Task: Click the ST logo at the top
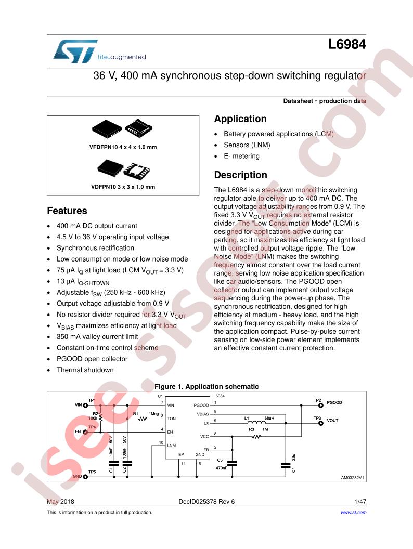coord(75,51)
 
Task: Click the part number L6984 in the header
coord(347,45)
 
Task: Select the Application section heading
coord(240,119)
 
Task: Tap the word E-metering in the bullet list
coord(242,156)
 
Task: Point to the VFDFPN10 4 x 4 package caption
coord(123,147)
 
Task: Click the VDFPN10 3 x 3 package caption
coord(123,187)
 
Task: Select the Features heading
coord(67,211)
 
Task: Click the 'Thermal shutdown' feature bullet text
coord(85,370)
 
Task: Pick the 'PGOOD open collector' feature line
coord(92,359)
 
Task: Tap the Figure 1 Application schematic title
coord(206,387)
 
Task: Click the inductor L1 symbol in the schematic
coord(256,422)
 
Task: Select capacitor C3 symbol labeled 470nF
coord(232,463)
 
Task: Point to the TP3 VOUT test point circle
coord(320,423)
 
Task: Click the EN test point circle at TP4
coord(85,432)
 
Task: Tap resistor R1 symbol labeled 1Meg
coord(143,419)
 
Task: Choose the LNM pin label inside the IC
coord(171,446)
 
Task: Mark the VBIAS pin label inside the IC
coord(203,414)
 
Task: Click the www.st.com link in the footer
coord(354,512)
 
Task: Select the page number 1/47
coord(360,501)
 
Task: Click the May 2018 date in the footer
coord(61,501)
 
